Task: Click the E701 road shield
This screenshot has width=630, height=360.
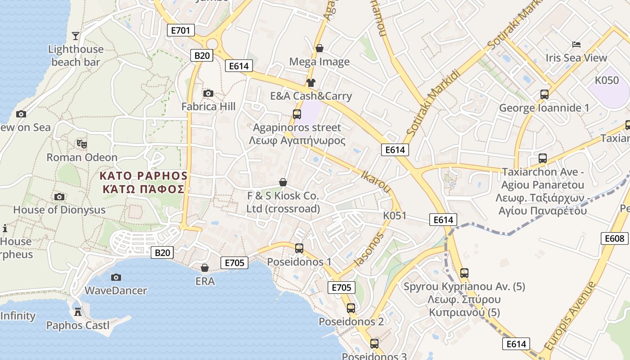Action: [x=180, y=30]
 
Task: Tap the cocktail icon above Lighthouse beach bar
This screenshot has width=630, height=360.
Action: [x=76, y=36]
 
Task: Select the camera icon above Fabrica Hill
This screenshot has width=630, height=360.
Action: [x=208, y=93]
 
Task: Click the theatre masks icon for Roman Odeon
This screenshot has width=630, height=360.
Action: [x=81, y=144]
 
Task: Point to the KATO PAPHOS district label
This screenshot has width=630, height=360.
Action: [x=143, y=182]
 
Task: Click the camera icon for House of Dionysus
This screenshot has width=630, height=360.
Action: [x=59, y=197]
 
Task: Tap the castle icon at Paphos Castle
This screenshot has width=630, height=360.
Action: [x=78, y=311]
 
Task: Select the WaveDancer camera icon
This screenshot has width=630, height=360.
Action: [x=116, y=277]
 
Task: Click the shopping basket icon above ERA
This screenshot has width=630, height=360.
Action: [x=205, y=268]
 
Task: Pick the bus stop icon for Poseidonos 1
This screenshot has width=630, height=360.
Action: [x=299, y=248]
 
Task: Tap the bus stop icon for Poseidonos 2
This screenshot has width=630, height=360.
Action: [x=351, y=308]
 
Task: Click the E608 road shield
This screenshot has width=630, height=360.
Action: [x=614, y=238]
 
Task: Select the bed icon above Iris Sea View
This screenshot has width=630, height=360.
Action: [x=576, y=44]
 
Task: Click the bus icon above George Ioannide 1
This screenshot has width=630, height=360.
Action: [x=544, y=94]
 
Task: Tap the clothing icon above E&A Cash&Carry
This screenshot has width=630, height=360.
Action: [x=311, y=82]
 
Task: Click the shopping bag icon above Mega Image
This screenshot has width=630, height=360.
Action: [x=319, y=48]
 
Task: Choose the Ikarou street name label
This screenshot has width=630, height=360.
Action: [x=376, y=181]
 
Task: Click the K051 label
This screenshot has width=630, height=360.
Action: [x=395, y=216]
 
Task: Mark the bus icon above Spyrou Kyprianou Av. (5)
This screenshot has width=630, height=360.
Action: [x=464, y=273]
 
